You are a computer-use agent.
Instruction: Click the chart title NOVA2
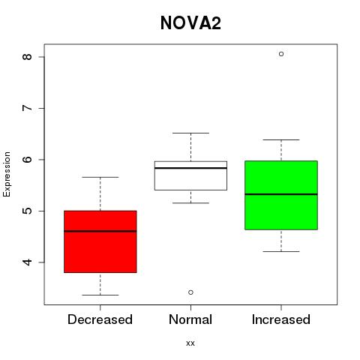point(190,23)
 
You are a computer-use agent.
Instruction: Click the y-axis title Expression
point(7,174)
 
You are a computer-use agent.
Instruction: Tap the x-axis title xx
point(190,343)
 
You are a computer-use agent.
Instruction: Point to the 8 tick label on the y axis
point(28,57)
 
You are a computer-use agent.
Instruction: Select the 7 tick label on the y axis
point(28,108)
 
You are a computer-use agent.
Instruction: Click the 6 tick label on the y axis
point(28,160)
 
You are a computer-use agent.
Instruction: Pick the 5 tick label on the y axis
point(28,211)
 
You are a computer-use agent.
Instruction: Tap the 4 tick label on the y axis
point(28,262)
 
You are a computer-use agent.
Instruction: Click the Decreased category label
point(100,319)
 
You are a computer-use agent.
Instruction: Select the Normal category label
point(190,319)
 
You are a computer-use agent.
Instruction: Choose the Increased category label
point(281,319)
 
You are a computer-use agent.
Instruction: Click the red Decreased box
point(100,241)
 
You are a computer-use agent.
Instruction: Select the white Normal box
point(190,175)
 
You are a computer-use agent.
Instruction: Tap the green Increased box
point(281,195)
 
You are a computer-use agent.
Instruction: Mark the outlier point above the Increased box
point(281,54)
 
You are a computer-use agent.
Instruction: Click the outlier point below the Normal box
point(190,292)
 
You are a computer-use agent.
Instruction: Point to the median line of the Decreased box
point(100,231)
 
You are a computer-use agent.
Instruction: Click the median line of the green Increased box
point(281,194)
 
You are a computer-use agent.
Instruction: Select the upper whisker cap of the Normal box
point(190,133)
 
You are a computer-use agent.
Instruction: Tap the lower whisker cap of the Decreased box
point(100,295)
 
